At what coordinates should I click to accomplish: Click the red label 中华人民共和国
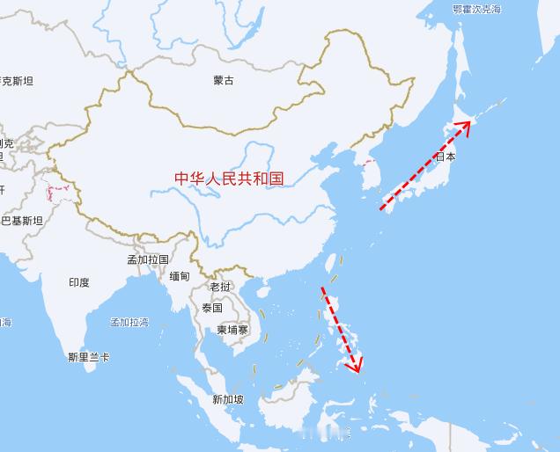tap(229, 179)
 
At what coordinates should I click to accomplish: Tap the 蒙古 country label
tap(224, 81)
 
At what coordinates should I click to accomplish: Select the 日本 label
tap(446, 157)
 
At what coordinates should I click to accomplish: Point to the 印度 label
tap(78, 282)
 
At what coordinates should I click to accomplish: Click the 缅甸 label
tap(180, 276)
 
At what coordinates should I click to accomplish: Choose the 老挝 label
tap(220, 288)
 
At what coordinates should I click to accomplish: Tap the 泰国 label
tap(211, 308)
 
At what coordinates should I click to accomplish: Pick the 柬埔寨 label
tap(232, 330)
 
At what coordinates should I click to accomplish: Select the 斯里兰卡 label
tap(88, 357)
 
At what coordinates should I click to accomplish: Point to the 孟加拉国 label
tap(147, 259)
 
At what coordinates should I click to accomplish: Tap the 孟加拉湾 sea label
tap(129, 323)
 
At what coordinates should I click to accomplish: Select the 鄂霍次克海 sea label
tap(476, 9)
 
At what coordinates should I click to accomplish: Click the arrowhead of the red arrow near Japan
tap(466, 124)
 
